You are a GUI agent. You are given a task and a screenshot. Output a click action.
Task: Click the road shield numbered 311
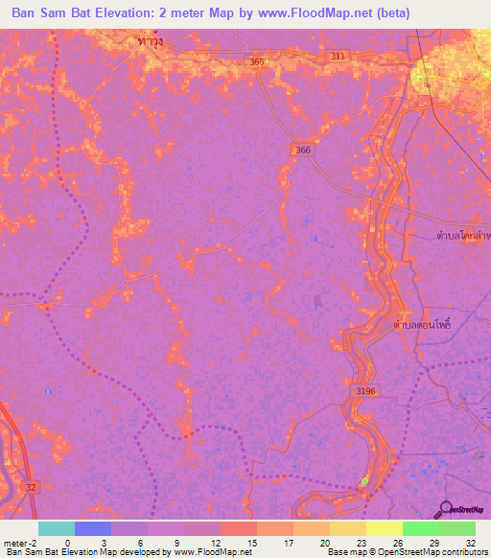[x=337, y=57]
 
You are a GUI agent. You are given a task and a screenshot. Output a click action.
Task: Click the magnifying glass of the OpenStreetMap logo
[x=447, y=509]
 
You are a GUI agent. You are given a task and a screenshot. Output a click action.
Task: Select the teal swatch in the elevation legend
[x=56, y=528]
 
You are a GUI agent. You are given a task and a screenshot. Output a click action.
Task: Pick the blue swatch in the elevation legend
[x=92, y=528]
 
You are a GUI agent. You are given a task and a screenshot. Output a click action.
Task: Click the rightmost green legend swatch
[x=457, y=528]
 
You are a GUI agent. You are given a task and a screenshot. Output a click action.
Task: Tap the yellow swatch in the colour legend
[x=385, y=528]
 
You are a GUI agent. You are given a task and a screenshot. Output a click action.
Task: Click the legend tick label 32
[x=470, y=543]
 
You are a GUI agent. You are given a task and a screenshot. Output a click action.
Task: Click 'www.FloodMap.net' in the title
[x=321, y=12]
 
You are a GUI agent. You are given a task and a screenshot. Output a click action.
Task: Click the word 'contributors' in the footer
[x=461, y=553]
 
